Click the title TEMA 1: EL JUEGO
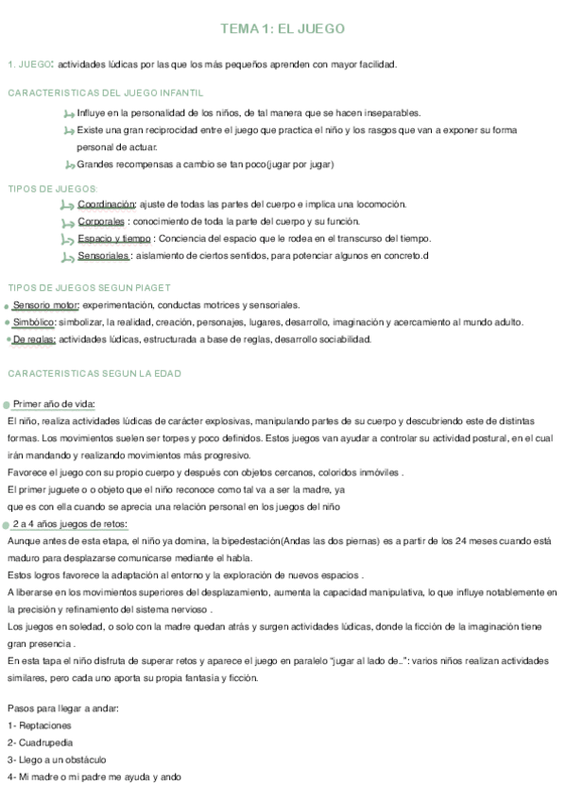pos(283,29)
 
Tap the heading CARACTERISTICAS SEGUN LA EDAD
pos(94,373)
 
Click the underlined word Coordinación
pos(107,204)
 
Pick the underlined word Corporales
pos(102,221)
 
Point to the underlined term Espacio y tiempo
pos(114,238)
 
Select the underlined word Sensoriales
pos(104,255)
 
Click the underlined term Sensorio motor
pos(46,305)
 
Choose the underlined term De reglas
pos(34,339)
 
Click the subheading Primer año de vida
pos(54,404)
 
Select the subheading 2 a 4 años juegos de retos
pos(70,523)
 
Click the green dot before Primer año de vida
pos(6,405)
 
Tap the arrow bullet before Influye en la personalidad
pos(67,114)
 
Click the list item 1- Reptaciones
pos(39,725)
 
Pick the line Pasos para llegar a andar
pos(62,707)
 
